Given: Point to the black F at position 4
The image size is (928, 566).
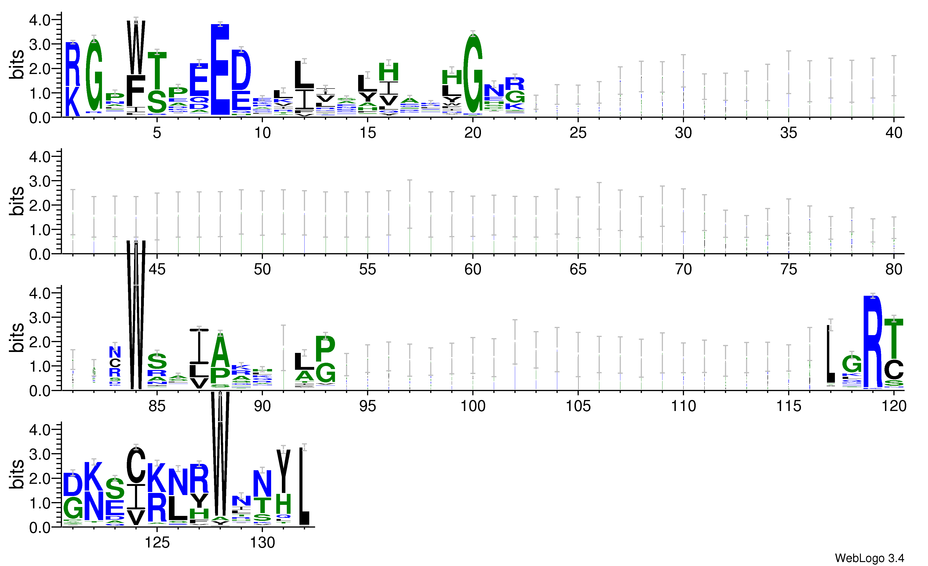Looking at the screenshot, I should [136, 90].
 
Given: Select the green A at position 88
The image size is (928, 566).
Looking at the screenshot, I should [220, 351].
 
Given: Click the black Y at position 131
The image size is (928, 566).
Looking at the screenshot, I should [284, 471].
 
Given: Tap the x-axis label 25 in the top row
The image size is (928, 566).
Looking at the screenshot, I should [578, 133].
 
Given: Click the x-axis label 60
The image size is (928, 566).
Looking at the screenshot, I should [473, 269].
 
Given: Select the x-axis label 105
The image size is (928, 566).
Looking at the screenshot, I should [578, 406].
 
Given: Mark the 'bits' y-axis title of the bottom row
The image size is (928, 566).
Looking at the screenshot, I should [17, 474].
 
